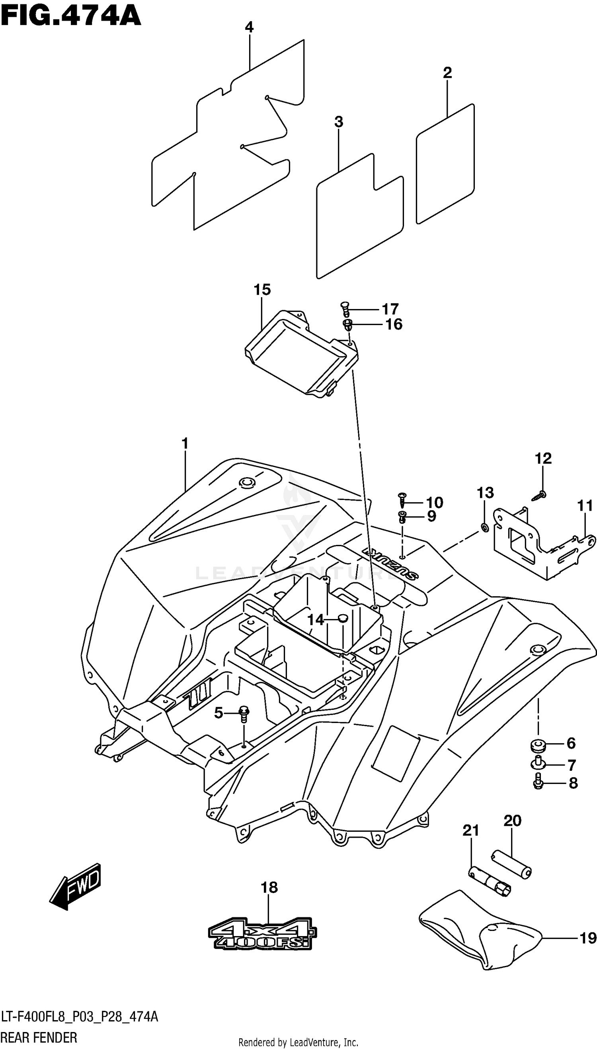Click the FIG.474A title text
[x=70, y=16]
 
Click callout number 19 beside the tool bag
[x=587, y=938]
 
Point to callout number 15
[x=262, y=290]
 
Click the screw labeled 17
[x=345, y=308]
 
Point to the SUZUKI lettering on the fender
[x=390, y=564]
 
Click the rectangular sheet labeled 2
[x=445, y=164]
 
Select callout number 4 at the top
[x=249, y=27]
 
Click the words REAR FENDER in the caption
[x=39, y=1038]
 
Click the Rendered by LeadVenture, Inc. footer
[x=298, y=1042]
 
